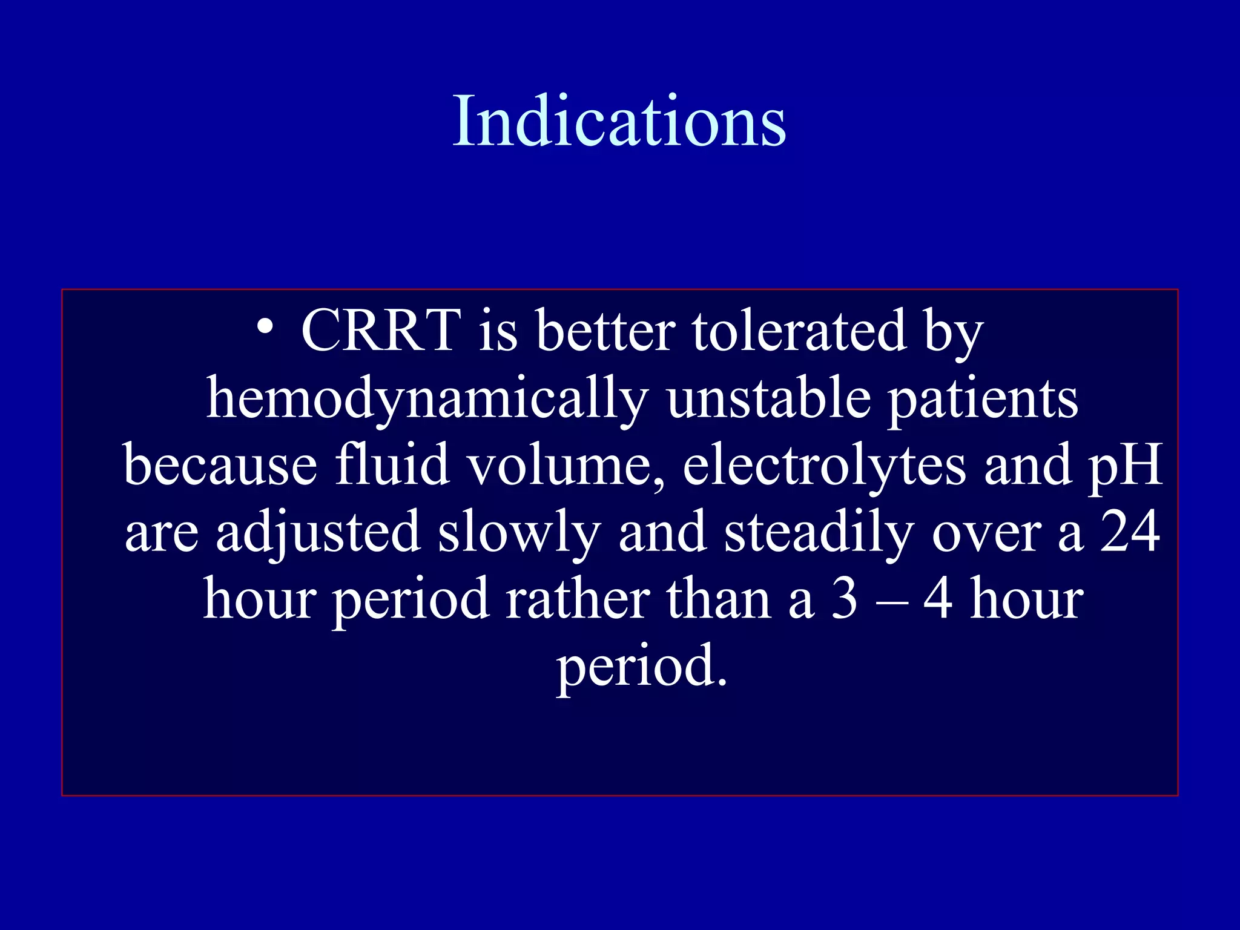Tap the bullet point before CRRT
pyautogui.click(x=265, y=328)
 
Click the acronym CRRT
pyautogui.click(x=381, y=331)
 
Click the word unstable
pyautogui.click(x=768, y=398)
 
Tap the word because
pyautogui.click(x=220, y=466)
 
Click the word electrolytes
pyautogui.click(x=824, y=466)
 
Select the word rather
pyautogui.click(x=578, y=599)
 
